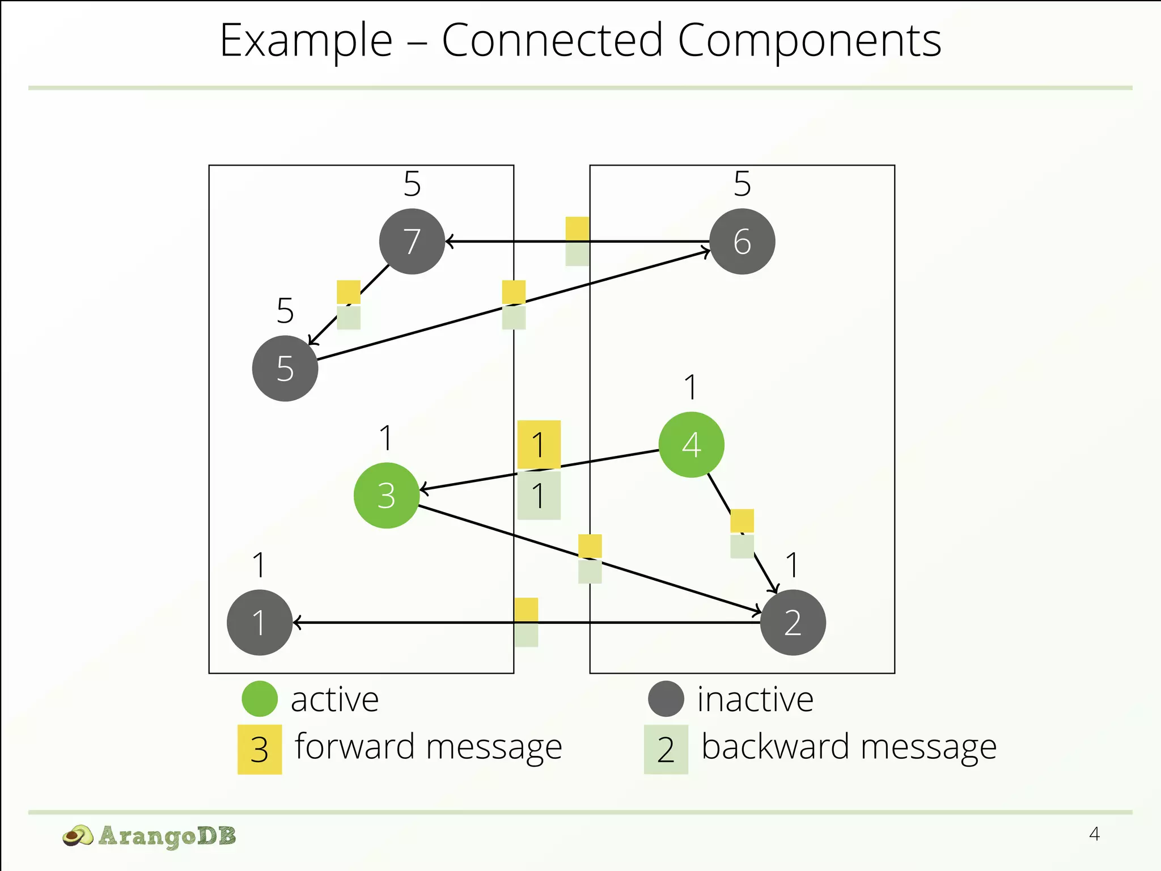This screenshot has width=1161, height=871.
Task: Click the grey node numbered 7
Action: [x=412, y=242]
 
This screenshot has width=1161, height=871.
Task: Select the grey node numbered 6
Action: [x=742, y=242]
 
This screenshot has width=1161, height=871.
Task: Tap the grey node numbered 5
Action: [x=285, y=369]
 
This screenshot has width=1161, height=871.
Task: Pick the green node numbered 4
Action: [x=691, y=445]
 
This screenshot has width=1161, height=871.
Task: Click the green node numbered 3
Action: [x=387, y=496]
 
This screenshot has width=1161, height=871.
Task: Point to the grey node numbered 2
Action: [x=793, y=623]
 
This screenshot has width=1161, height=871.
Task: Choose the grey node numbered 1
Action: [x=260, y=623]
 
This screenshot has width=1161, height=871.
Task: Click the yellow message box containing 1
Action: [x=539, y=445]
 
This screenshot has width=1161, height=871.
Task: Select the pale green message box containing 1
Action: [x=539, y=495]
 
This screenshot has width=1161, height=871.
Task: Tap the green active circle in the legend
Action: [x=260, y=699]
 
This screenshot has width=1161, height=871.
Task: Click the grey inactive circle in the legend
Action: [x=666, y=699]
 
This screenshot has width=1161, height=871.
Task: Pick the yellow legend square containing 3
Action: [x=260, y=749]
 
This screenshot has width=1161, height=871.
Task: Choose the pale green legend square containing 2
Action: [x=666, y=749]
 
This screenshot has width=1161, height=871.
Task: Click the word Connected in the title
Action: [x=552, y=41]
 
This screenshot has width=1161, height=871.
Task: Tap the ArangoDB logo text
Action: [x=167, y=836]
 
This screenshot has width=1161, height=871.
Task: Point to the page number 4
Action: [x=1094, y=834]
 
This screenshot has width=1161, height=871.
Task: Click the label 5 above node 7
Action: [x=412, y=184]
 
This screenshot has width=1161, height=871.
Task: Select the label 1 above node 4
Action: [x=690, y=388]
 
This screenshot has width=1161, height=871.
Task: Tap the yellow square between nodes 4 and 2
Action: [x=742, y=521]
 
